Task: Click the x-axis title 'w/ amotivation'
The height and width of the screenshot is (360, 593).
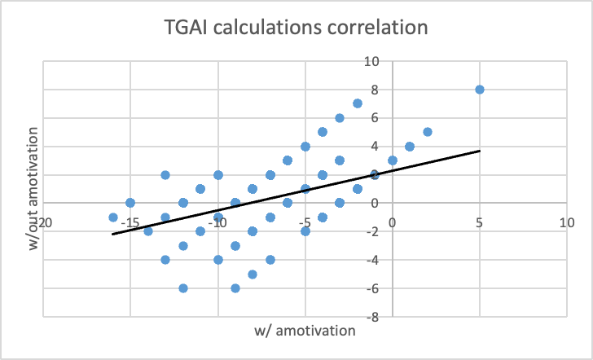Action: click(x=305, y=330)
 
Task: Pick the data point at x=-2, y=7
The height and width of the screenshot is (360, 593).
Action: click(x=358, y=103)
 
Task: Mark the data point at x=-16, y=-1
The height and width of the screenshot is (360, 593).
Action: click(x=113, y=217)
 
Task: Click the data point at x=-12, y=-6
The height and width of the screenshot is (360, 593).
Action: click(x=183, y=288)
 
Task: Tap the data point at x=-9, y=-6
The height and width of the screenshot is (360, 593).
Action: click(x=235, y=288)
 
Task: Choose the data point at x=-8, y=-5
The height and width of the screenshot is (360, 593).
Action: click(x=253, y=274)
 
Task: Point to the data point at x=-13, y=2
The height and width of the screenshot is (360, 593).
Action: click(x=165, y=174)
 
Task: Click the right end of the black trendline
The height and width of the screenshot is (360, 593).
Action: click(x=480, y=151)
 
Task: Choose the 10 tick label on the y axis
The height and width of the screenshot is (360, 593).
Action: click(x=373, y=61)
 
